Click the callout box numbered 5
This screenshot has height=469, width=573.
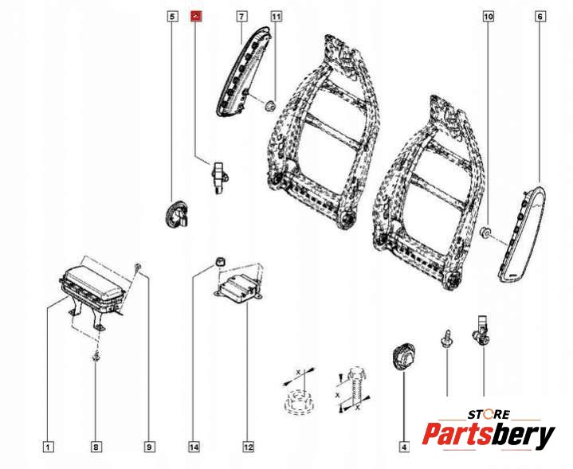coord(172,16)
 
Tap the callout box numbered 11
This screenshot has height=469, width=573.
coord(276,16)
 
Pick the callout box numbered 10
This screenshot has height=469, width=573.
coord(489,16)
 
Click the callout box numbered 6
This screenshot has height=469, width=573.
coord(540,16)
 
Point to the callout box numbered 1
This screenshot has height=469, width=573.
coord(48,448)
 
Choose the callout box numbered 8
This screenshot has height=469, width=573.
coord(96,448)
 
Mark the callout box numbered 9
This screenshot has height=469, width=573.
coord(149,448)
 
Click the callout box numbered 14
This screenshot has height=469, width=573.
coord(194,448)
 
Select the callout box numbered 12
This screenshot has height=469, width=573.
coord(248,448)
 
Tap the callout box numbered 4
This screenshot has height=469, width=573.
coord(403,448)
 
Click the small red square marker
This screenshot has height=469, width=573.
coord(196,16)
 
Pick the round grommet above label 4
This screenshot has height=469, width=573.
coord(404,355)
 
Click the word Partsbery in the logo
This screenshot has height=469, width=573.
coord(488,436)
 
